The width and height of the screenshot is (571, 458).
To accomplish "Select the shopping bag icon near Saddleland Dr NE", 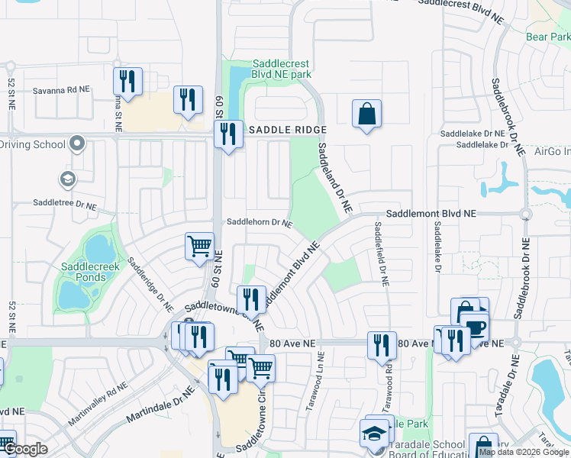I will point(367,114).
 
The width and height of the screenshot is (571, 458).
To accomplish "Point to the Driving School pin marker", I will point(76,144).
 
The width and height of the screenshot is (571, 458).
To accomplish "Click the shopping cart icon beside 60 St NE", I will point(199,247).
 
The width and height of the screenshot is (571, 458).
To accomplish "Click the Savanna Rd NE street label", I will point(61,89).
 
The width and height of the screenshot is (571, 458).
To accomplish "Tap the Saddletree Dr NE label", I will point(65,205).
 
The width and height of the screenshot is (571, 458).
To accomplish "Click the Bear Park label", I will point(548,37).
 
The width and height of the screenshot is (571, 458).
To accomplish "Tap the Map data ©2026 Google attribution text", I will point(524,452).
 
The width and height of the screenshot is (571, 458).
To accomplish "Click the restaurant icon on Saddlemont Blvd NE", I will point(250,299).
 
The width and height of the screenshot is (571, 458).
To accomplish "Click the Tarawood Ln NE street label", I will point(314,382).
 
